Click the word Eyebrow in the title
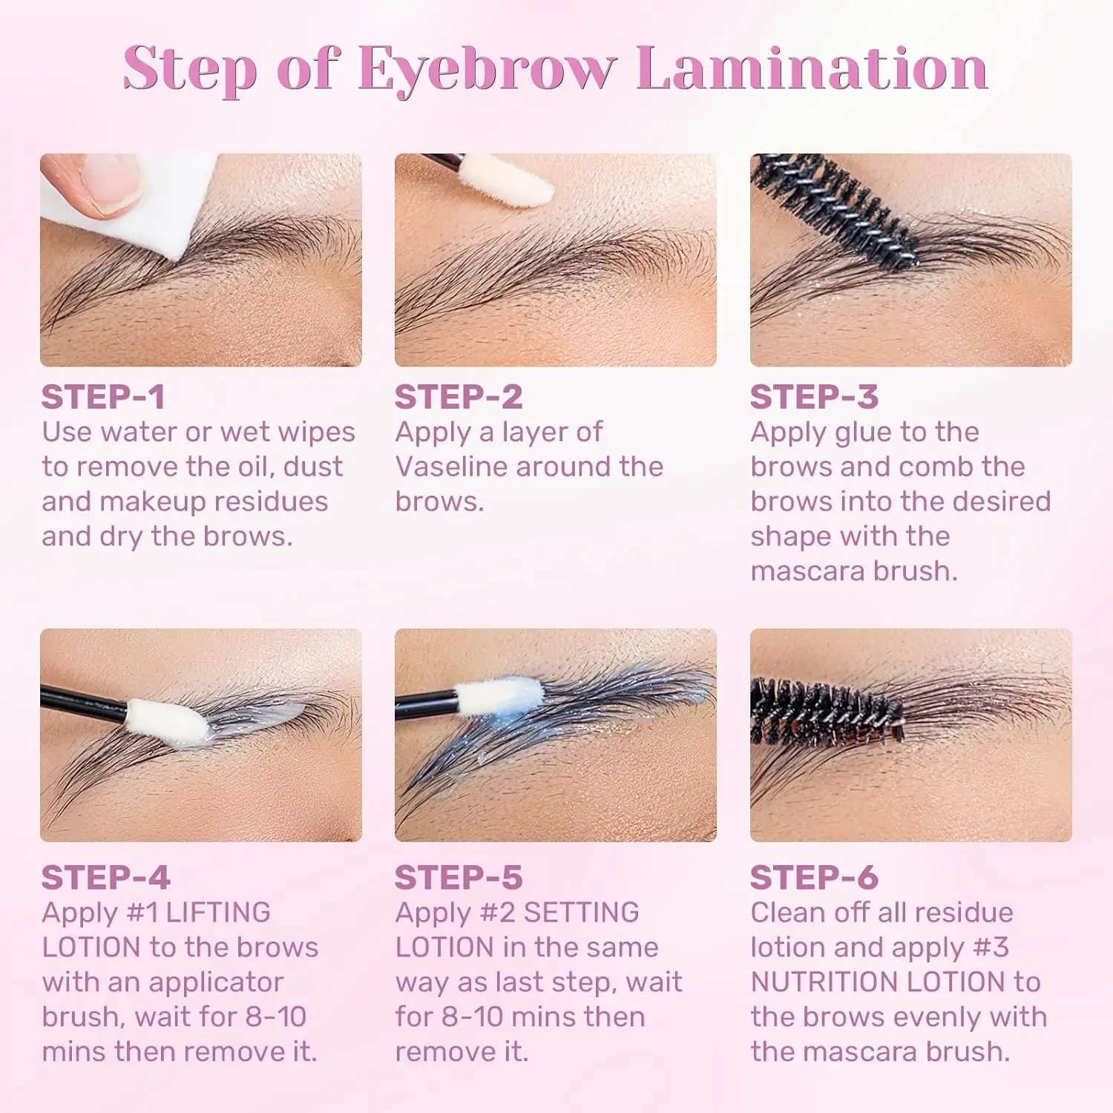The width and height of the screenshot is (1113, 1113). [x=487, y=69]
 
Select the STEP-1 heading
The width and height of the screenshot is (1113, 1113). [x=103, y=397]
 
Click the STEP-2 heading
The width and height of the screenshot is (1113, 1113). [x=459, y=397]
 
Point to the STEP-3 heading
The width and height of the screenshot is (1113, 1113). [x=814, y=397]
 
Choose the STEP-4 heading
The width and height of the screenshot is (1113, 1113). [x=105, y=878]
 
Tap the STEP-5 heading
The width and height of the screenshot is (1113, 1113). [x=459, y=878]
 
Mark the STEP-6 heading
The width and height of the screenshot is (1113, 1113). [x=814, y=878]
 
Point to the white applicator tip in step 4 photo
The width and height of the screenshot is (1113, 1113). [x=167, y=720]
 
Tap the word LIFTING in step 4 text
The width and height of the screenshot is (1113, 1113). [x=218, y=913]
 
